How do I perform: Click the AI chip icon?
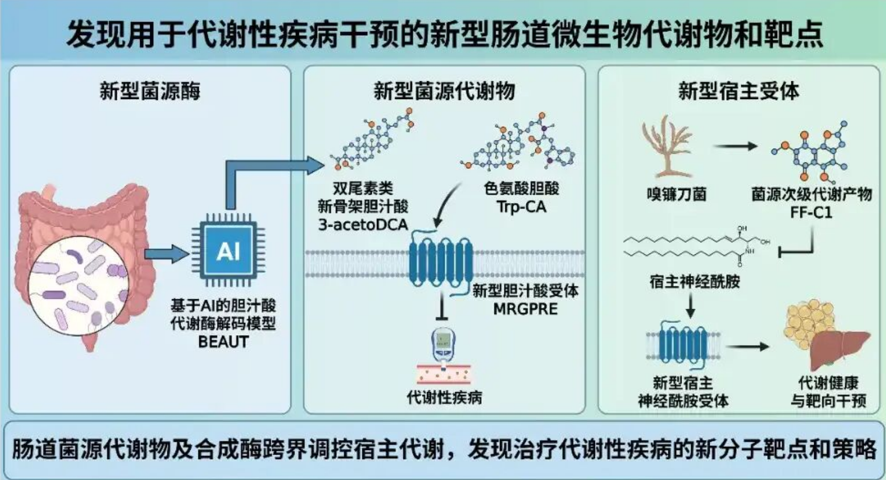pyautogui.click(x=228, y=251)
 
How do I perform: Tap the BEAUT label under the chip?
pyautogui.click(x=223, y=342)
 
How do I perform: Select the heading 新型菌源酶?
pyautogui.click(x=150, y=91)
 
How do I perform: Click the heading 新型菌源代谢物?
pyautogui.click(x=444, y=91)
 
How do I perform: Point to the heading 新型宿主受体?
pyautogui.click(x=739, y=91)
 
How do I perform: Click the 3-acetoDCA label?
pyautogui.click(x=363, y=225)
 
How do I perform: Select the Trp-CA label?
pyautogui.click(x=521, y=207)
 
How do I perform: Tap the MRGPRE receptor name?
pyautogui.click(x=525, y=309)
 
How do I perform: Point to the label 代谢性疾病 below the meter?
pyautogui.click(x=444, y=397)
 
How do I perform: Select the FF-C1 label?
pyautogui.click(x=811, y=212)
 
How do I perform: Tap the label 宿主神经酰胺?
pyautogui.click(x=694, y=282)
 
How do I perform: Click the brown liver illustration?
pyautogui.click(x=838, y=348)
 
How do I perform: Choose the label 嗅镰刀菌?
pyautogui.click(x=677, y=194)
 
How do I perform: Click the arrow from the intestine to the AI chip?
pyautogui.click(x=166, y=254)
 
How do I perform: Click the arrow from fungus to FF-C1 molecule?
pyautogui.click(x=735, y=147)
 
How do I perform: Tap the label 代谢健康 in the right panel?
pyautogui.click(x=828, y=382)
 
